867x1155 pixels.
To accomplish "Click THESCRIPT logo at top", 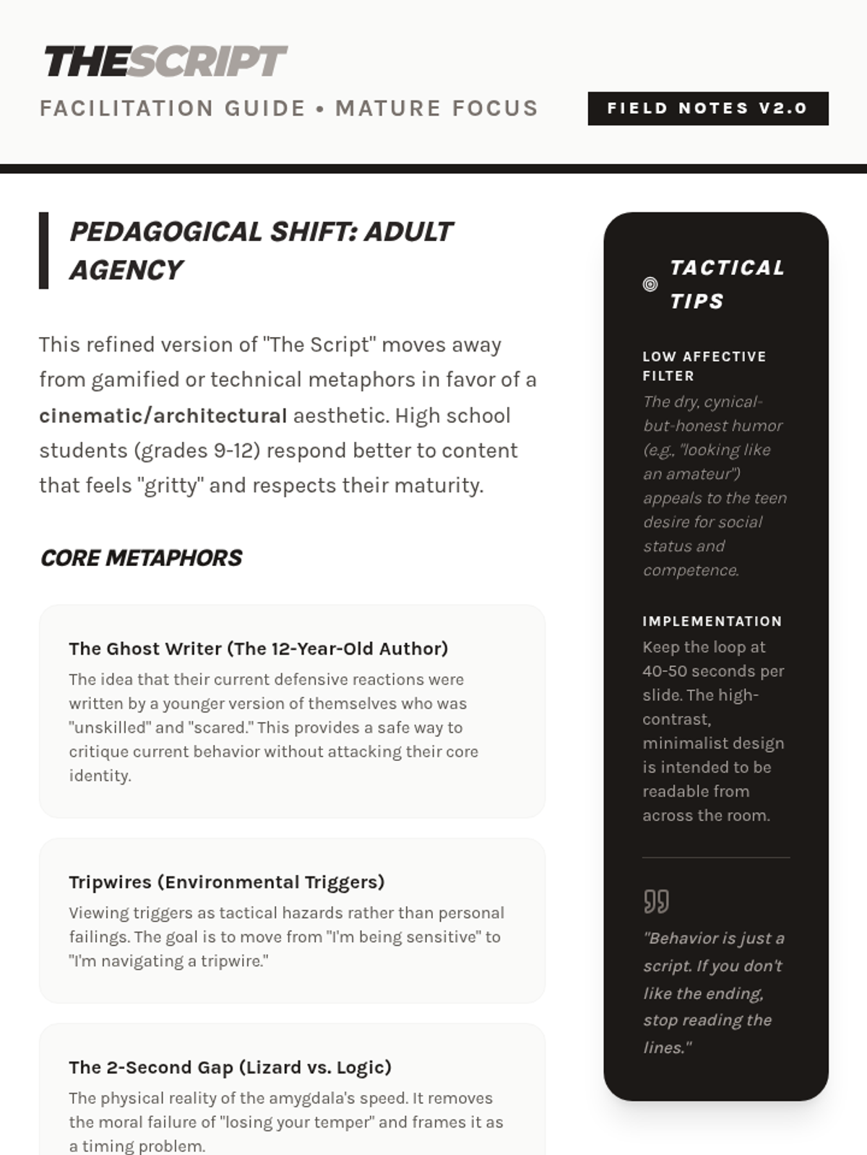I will click(x=165, y=61).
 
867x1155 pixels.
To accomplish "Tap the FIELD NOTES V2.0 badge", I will click(x=707, y=108).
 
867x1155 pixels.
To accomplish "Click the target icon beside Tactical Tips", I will click(x=650, y=284).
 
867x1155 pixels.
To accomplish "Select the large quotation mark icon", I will click(x=656, y=902).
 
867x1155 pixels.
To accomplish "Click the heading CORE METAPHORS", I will click(x=141, y=558).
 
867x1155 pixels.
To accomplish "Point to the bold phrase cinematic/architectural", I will click(x=163, y=416).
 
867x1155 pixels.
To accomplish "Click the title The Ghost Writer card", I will click(x=258, y=648).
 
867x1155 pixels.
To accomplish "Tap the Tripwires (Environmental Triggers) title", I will click(x=226, y=881).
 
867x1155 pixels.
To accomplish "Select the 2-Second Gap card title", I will click(x=230, y=1067).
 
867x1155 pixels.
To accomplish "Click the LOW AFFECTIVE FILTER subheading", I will click(x=704, y=366).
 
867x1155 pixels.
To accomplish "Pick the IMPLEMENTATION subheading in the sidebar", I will click(x=712, y=621).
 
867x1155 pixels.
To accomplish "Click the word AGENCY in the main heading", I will click(x=126, y=270).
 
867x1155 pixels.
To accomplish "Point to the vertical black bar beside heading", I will click(x=44, y=250).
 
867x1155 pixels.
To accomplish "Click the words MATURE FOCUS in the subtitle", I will click(x=436, y=108).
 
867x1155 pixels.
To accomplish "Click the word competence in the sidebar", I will click(x=690, y=570).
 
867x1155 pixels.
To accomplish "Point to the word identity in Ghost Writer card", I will click(x=99, y=775).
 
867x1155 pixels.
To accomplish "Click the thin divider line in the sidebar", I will click(x=715, y=858).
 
